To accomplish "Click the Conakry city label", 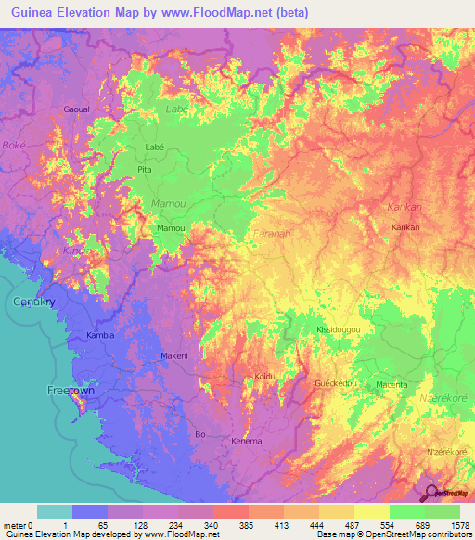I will pyautogui.click(x=35, y=302).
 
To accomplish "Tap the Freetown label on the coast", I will pyautogui.click(x=71, y=391).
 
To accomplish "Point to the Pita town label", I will pyautogui.click(x=144, y=171).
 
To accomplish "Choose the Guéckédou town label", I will pyautogui.click(x=335, y=382).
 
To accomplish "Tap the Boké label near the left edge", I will pyautogui.click(x=14, y=146).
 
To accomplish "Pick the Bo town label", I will pyautogui.click(x=198, y=433).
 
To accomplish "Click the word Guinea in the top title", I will pyautogui.click(x=25, y=13).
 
